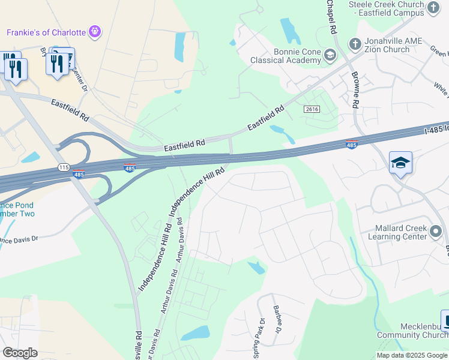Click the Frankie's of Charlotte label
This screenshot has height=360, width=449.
(x=46, y=32)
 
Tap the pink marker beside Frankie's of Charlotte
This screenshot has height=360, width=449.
(x=94, y=31)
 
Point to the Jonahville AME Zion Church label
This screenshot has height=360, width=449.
(x=394, y=45)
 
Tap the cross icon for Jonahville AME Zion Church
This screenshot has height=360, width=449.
(x=355, y=44)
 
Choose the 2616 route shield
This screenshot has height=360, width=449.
(x=312, y=109)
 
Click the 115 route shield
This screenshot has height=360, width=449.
(x=64, y=167)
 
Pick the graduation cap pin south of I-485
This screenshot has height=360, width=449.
(x=400, y=163)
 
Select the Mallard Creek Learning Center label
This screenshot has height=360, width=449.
(x=400, y=232)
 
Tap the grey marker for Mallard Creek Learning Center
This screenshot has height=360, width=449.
(x=436, y=232)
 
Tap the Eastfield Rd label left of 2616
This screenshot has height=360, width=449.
(x=265, y=118)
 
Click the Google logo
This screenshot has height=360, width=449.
(x=19, y=353)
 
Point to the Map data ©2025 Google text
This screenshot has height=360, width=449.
(x=411, y=355)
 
